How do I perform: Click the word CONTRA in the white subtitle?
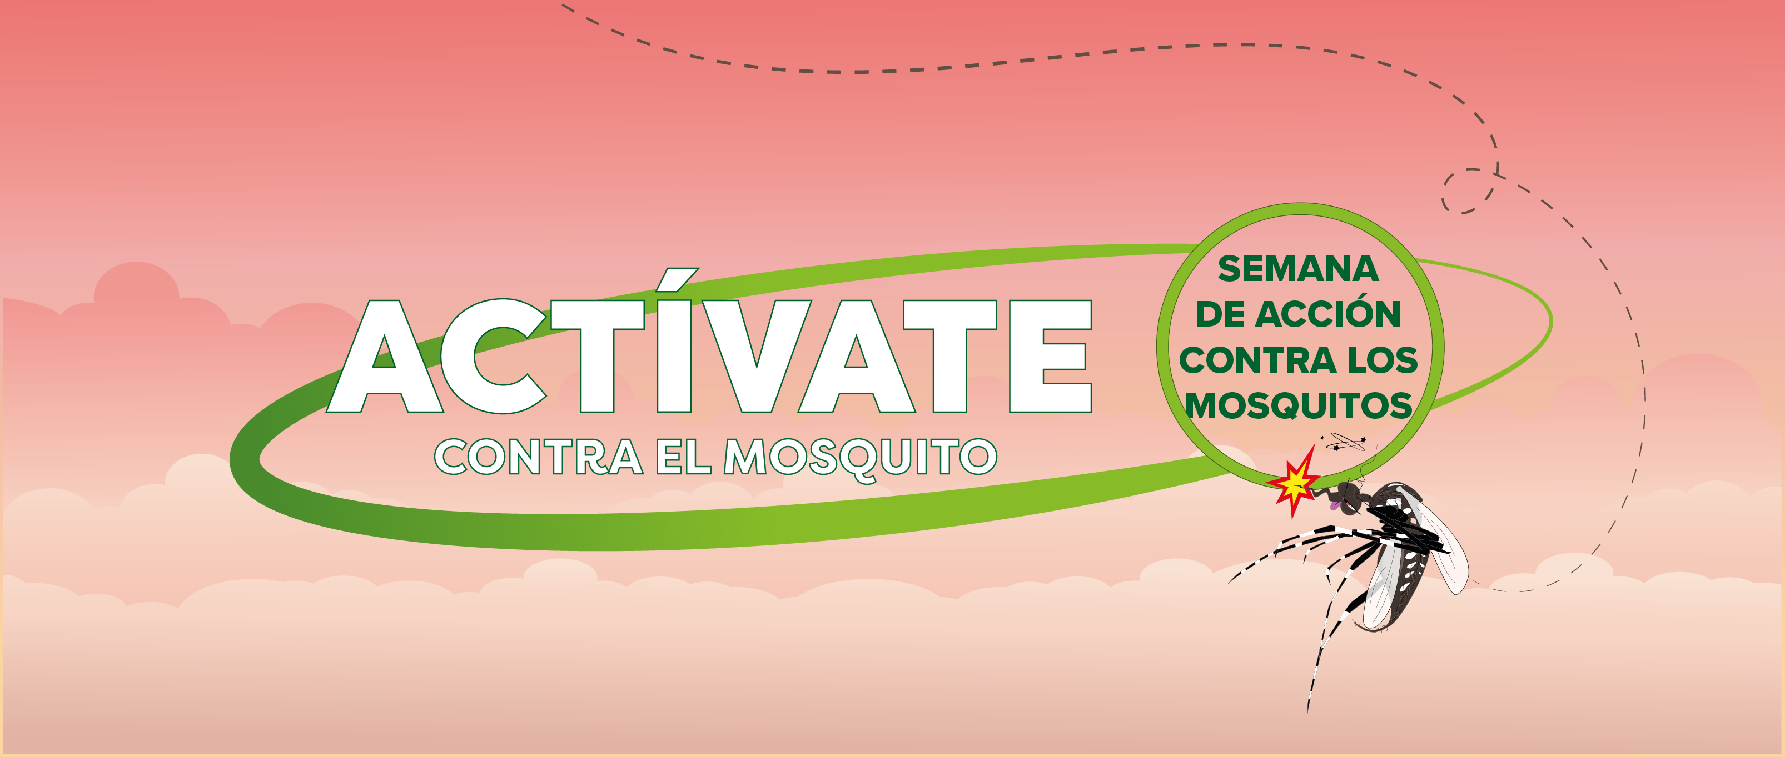point(539,457)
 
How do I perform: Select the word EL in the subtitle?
point(683,457)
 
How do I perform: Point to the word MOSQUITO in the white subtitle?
point(860,459)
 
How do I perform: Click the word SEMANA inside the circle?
point(1298,269)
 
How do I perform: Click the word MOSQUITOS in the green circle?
point(1299,406)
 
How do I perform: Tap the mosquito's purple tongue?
point(1335,507)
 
